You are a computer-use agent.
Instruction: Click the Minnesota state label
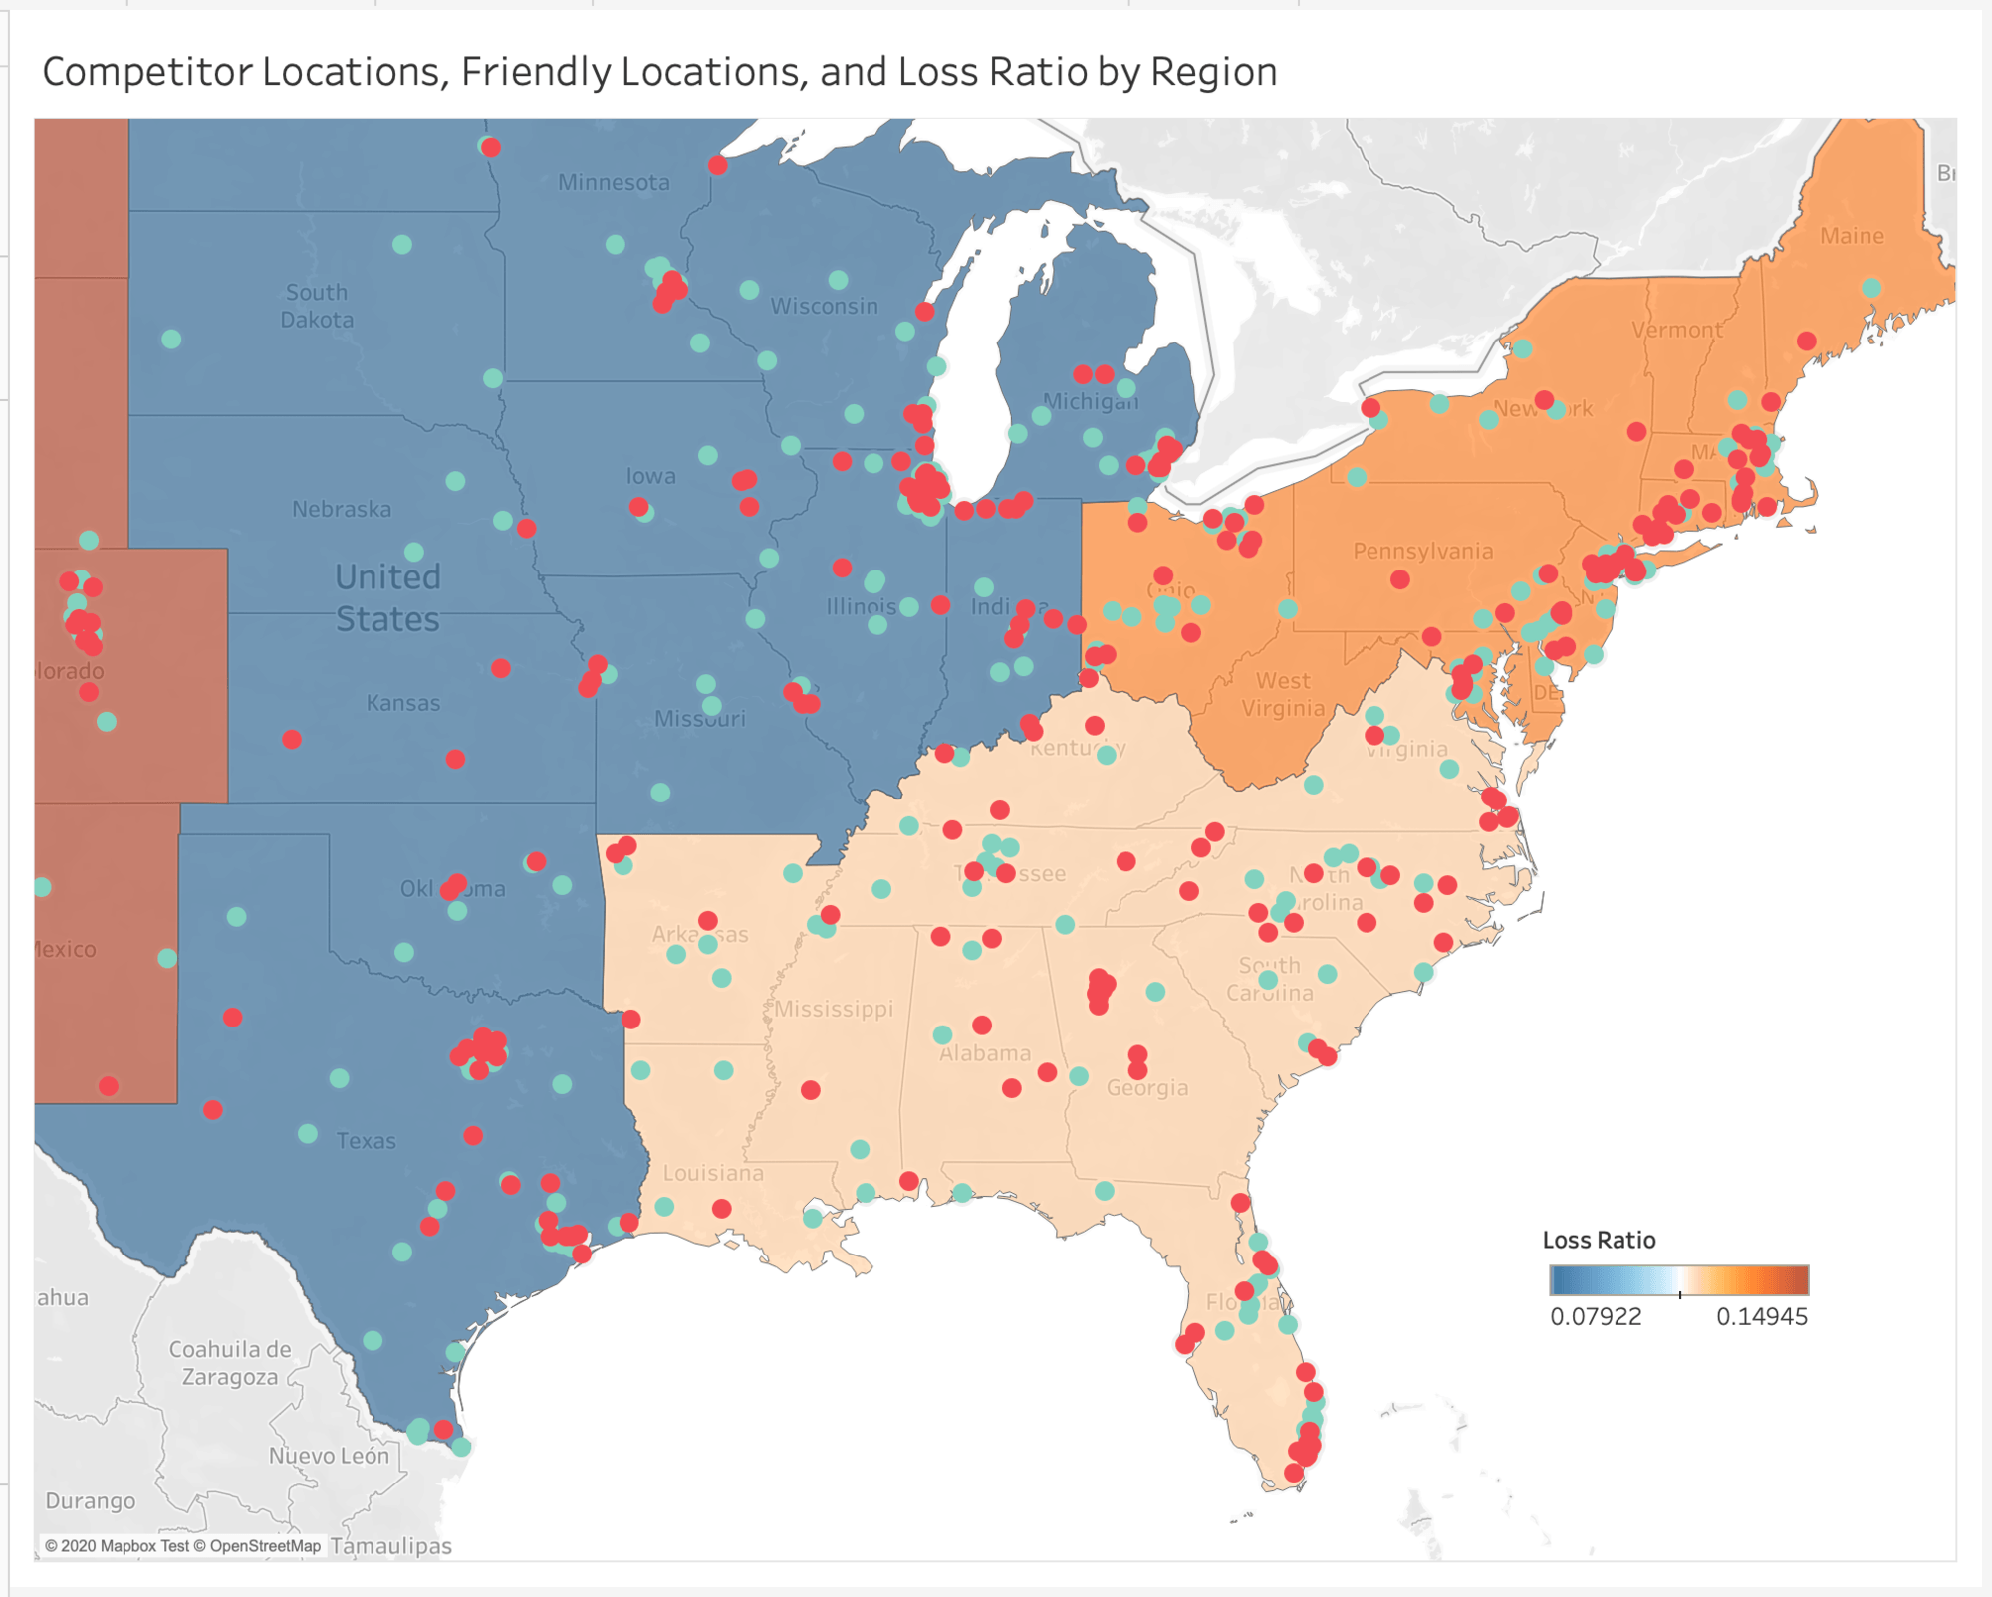tap(614, 182)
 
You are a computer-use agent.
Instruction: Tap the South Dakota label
tap(317, 306)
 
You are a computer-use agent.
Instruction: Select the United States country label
tap(387, 597)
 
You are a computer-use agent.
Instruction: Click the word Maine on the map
tap(1852, 236)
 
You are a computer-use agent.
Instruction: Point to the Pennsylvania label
tap(1422, 551)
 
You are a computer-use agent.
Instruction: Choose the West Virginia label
tap(1283, 694)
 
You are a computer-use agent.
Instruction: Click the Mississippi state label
tap(835, 1009)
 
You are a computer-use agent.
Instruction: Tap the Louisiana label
tap(713, 1173)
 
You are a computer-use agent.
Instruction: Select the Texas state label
tap(366, 1140)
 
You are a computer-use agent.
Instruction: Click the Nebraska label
tap(342, 509)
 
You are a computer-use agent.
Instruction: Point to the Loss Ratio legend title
tap(1599, 1240)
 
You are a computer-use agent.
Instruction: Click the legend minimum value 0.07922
tap(1596, 1316)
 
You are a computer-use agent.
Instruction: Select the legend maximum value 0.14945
tap(1761, 1316)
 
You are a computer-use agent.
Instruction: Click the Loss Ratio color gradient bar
tap(1678, 1279)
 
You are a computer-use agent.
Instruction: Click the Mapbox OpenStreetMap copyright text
tap(183, 1546)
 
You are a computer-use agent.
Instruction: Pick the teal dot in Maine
tap(1871, 288)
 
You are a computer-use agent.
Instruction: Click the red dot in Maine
tap(1806, 341)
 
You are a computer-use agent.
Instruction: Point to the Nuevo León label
tap(329, 1456)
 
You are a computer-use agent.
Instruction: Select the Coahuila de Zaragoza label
tap(230, 1363)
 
